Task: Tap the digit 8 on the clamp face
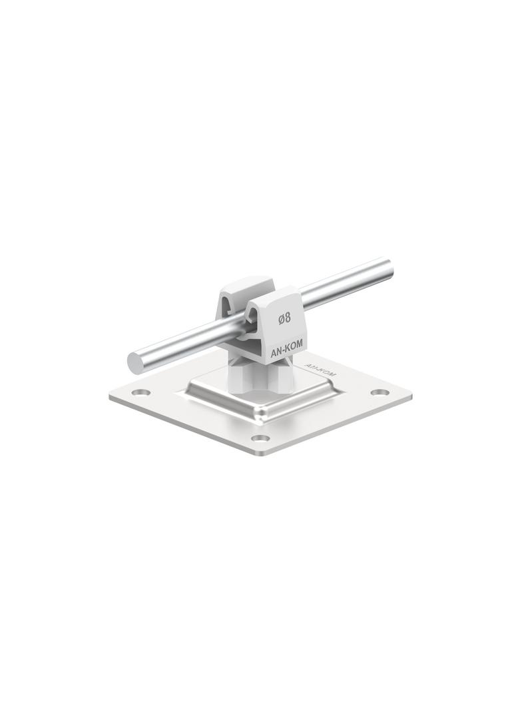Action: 288,319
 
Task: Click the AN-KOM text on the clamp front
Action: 286,352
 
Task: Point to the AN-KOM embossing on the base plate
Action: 320,370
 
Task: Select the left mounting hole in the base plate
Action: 142,392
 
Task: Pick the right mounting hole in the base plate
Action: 380,392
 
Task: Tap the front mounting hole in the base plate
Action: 260,438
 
